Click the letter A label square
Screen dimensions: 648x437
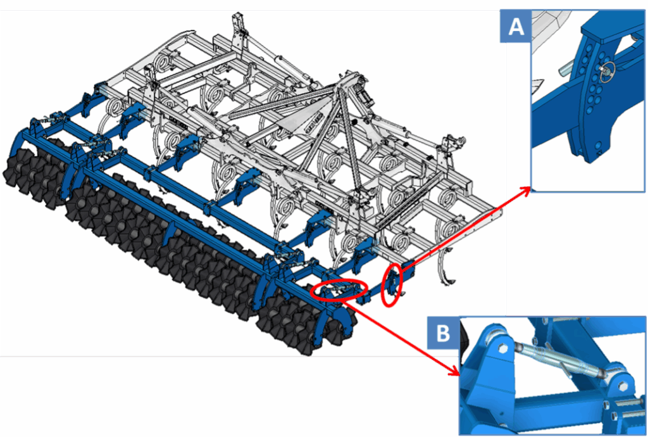(515, 27)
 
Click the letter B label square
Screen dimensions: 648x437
(442, 332)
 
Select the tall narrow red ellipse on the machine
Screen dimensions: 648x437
(391, 285)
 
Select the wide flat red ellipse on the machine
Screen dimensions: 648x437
(339, 290)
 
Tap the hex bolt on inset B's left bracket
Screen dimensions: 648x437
(503, 348)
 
